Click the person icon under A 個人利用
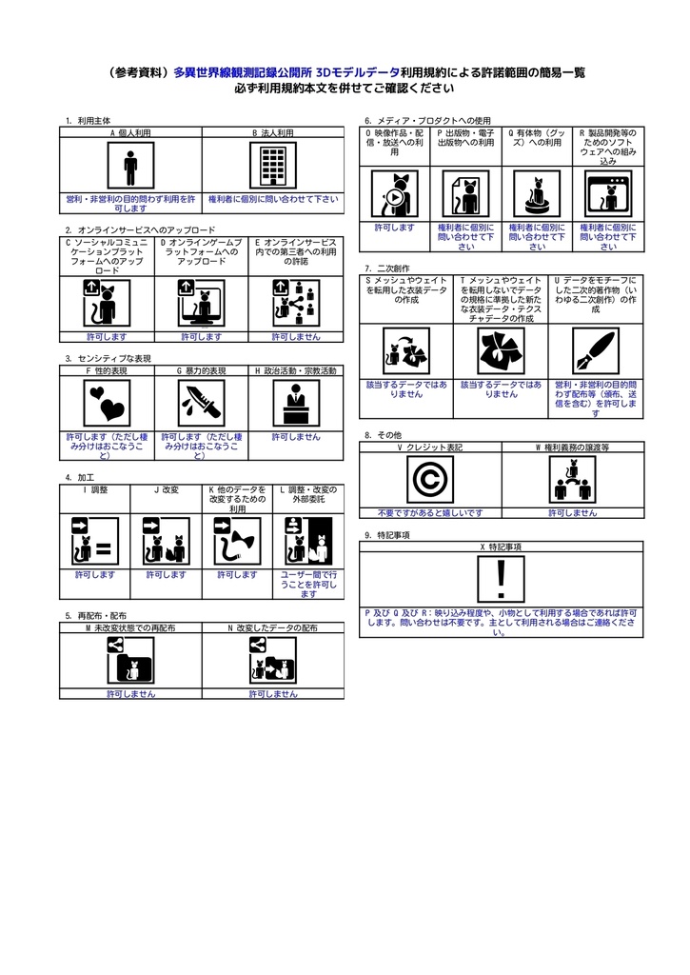click(x=130, y=166)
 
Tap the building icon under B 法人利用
click(x=272, y=166)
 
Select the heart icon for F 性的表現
click(x=107, y=404)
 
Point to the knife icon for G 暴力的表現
click(x=202, y=404)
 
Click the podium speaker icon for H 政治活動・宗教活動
click(x=295, y=404)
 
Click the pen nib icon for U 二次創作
click(x=595, y=352)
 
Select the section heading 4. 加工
click(x=80, y=476)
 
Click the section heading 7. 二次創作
click(x=381, y=269)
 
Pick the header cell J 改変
click(x=166, y=489)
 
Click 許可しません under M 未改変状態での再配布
click(x=130, y=694)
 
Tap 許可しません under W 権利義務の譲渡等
click(x=572, y=512)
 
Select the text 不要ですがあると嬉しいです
click(x=429, y=512)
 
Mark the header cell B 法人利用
click(x=272, y=133)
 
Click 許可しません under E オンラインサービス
click(x=295, y=336)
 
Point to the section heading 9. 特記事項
click(x=386, y=535)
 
